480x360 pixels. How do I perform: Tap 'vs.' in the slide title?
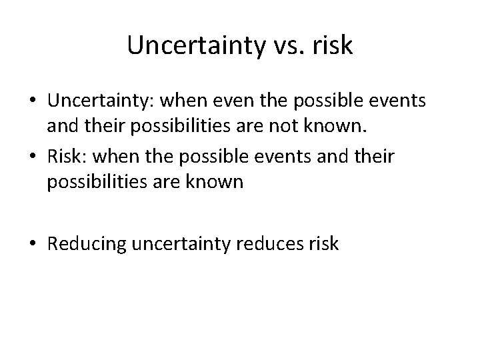(x=279, y=45)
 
